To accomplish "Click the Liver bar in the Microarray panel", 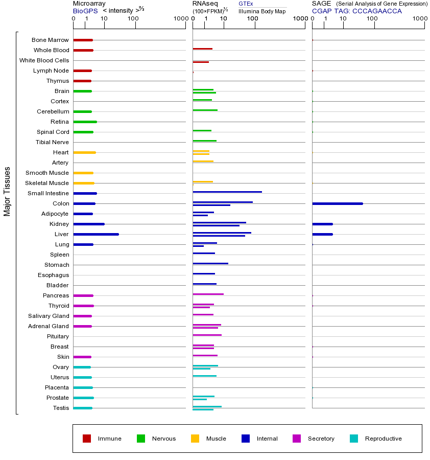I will (x=96, y=234).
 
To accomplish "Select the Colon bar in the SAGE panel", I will (x=337, y=203).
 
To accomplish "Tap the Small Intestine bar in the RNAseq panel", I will (x=227, y=192).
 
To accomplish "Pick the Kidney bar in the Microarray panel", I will (x=89, y=224).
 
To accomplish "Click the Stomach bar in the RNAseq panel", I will (x=210, y=263).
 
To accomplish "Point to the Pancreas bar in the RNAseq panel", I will (x=208, y=294).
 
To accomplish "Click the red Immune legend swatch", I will (x=87, y=439).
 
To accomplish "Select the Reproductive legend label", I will (x=383, y=439).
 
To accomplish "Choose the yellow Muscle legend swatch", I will (x=195, y=439).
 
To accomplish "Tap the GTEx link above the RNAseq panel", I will (x=246, y=4).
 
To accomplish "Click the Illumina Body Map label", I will (x=262, y=11).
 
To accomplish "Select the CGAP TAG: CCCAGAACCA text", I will (x=357, y=11).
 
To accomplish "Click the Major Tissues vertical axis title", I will (x=7, y=191).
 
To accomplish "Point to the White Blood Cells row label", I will (x=44, y=60).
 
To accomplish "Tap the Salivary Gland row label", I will (x=49, y=316).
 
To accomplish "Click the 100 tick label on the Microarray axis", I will (x=133, y=19).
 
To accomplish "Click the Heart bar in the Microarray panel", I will (x=84, y=152).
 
